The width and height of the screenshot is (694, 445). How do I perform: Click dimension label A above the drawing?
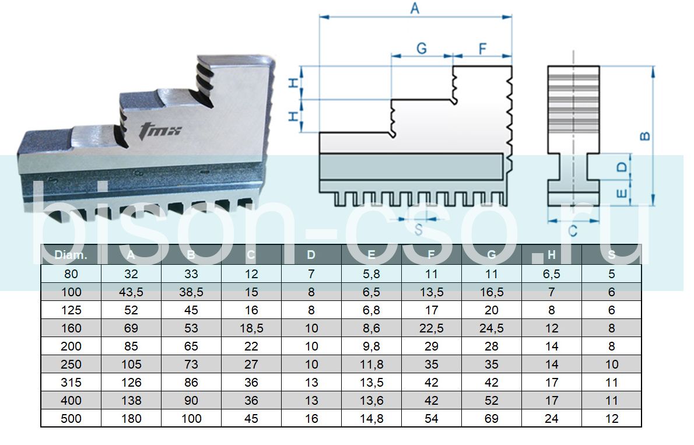click(415, 8)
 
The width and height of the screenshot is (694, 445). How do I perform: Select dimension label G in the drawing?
click(421, 48)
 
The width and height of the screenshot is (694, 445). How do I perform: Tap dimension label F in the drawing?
click(482, 48)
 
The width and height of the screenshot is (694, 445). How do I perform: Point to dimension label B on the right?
click(645, 136)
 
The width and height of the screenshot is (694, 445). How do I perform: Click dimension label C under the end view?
click(573, 232)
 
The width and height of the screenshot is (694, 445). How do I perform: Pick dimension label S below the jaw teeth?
click(418, 230)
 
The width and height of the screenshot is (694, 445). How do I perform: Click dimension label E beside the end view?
click(622, 192)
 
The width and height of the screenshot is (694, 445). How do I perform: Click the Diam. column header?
click(71, 255)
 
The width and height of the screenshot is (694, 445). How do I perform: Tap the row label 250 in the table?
click(71, 365)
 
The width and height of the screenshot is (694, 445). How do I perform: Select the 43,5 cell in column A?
click(131, 292)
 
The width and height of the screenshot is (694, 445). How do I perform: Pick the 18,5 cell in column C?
click(251, 328)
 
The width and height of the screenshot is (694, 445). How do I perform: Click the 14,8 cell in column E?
click(371, 419)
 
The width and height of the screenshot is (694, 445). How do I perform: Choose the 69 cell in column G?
click(491, 419)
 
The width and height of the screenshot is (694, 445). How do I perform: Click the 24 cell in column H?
click(552, 419)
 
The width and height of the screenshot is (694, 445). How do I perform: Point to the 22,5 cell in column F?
click(432, 328)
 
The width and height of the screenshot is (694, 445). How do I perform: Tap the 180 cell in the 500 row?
click(131, 419)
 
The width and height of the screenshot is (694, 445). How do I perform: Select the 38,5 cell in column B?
click(191, 292)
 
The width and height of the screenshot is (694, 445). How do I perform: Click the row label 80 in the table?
click(71, 274)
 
